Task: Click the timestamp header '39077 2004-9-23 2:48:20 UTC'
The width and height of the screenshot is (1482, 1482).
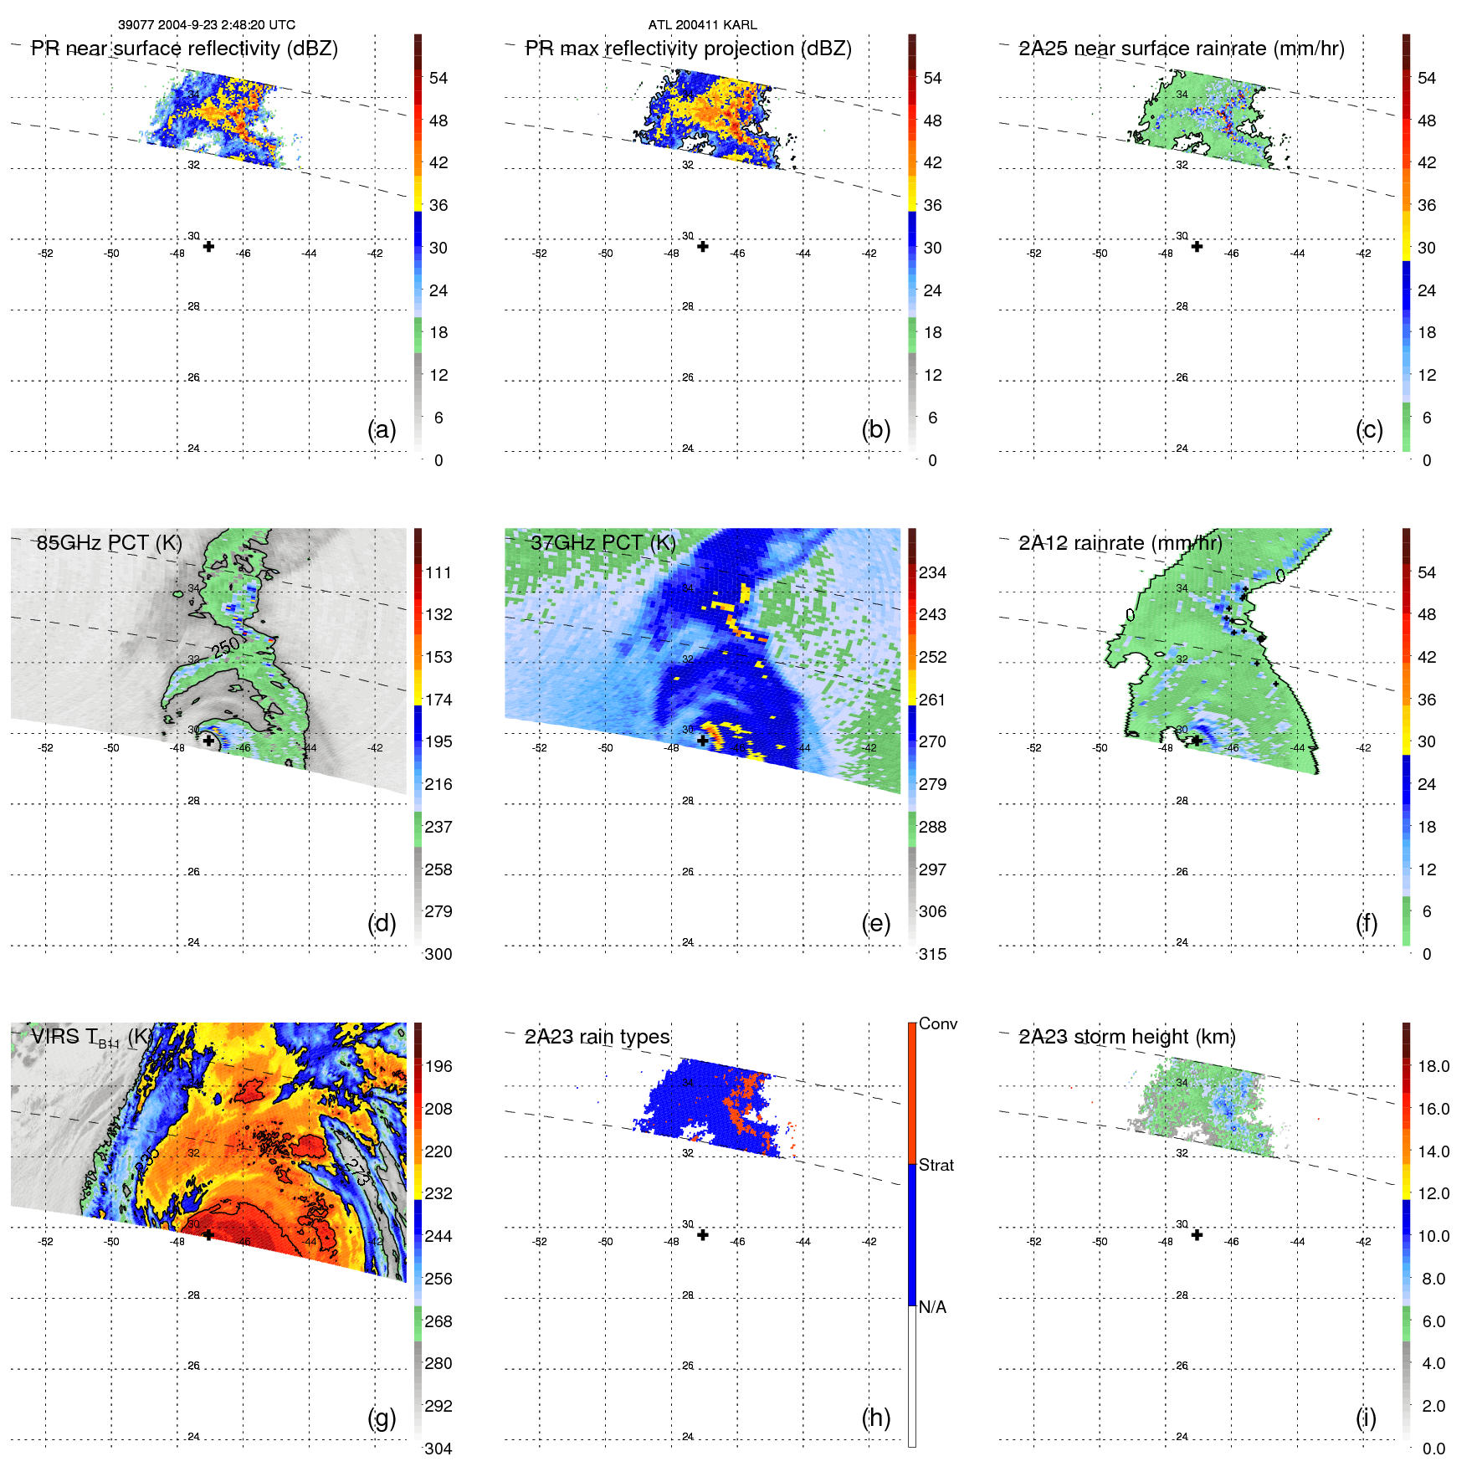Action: [206, 25]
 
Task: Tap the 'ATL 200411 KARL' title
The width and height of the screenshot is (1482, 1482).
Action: [702, 25]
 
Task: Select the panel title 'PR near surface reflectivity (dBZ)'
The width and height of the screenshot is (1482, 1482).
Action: [184, 49]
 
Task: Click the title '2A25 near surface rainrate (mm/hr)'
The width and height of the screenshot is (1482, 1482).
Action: [1181, 49]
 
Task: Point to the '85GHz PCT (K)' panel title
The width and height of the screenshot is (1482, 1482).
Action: [109, 543]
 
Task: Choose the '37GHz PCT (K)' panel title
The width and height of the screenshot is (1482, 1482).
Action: [603, 543]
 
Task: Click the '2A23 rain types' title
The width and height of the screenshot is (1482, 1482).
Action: [597, 1037]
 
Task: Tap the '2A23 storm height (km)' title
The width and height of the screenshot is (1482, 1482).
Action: [1126, 1037]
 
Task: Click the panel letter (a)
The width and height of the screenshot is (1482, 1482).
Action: [382, 430]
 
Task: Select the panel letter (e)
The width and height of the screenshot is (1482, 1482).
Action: [875, 924]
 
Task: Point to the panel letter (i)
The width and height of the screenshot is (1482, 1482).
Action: [1366, 1418]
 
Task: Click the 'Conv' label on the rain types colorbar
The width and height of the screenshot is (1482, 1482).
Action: [937, 1023]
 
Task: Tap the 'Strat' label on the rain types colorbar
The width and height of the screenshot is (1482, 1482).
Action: [936, 1165]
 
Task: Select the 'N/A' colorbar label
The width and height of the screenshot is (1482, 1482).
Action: [932, 1307]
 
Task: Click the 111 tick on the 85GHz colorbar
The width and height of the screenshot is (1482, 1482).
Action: [438, 572]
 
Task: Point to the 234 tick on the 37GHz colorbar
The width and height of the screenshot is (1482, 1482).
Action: [932, 572]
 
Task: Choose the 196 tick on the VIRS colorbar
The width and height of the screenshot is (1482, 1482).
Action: [438, 1066]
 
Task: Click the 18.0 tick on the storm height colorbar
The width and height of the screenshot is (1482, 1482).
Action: [1433, 1066]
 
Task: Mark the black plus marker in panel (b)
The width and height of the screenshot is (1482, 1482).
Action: [703, 247]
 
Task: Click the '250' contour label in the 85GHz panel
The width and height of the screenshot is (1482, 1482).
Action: [225, 647]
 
